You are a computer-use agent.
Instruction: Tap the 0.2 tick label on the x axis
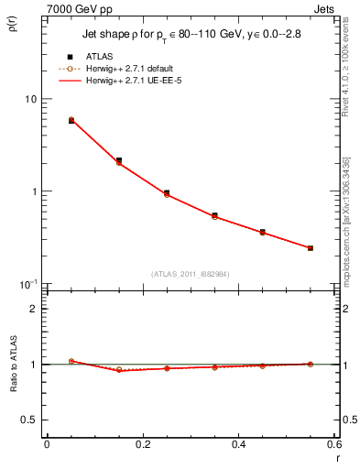[142, 444]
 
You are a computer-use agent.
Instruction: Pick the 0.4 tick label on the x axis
[238, 444]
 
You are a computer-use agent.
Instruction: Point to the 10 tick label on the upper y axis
[29, 99]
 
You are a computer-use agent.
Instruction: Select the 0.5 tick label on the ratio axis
[28, 420]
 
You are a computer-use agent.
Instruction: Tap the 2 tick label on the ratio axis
[32, 309]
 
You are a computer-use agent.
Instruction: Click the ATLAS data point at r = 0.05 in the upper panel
[71, 121]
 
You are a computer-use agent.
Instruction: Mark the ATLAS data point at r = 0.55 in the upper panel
[311, 248]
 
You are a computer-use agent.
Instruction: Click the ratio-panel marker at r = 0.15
[119, 370]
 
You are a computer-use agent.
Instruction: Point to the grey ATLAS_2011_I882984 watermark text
[191, 274]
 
